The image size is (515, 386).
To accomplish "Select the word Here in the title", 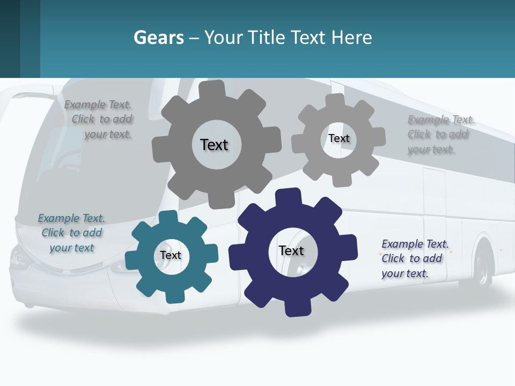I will tap(351, 38).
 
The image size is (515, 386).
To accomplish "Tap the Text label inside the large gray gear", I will tap(214, 145).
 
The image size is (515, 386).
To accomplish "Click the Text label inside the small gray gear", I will tap(339, 138).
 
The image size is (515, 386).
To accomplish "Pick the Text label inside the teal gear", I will tap(171, 255).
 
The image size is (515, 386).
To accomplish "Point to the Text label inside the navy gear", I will tap(291, 250).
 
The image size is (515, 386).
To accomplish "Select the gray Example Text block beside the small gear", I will tap(440, 135).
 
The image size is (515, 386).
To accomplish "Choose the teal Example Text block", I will tap(71, 233).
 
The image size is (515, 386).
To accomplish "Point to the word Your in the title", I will tap(224, 38).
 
